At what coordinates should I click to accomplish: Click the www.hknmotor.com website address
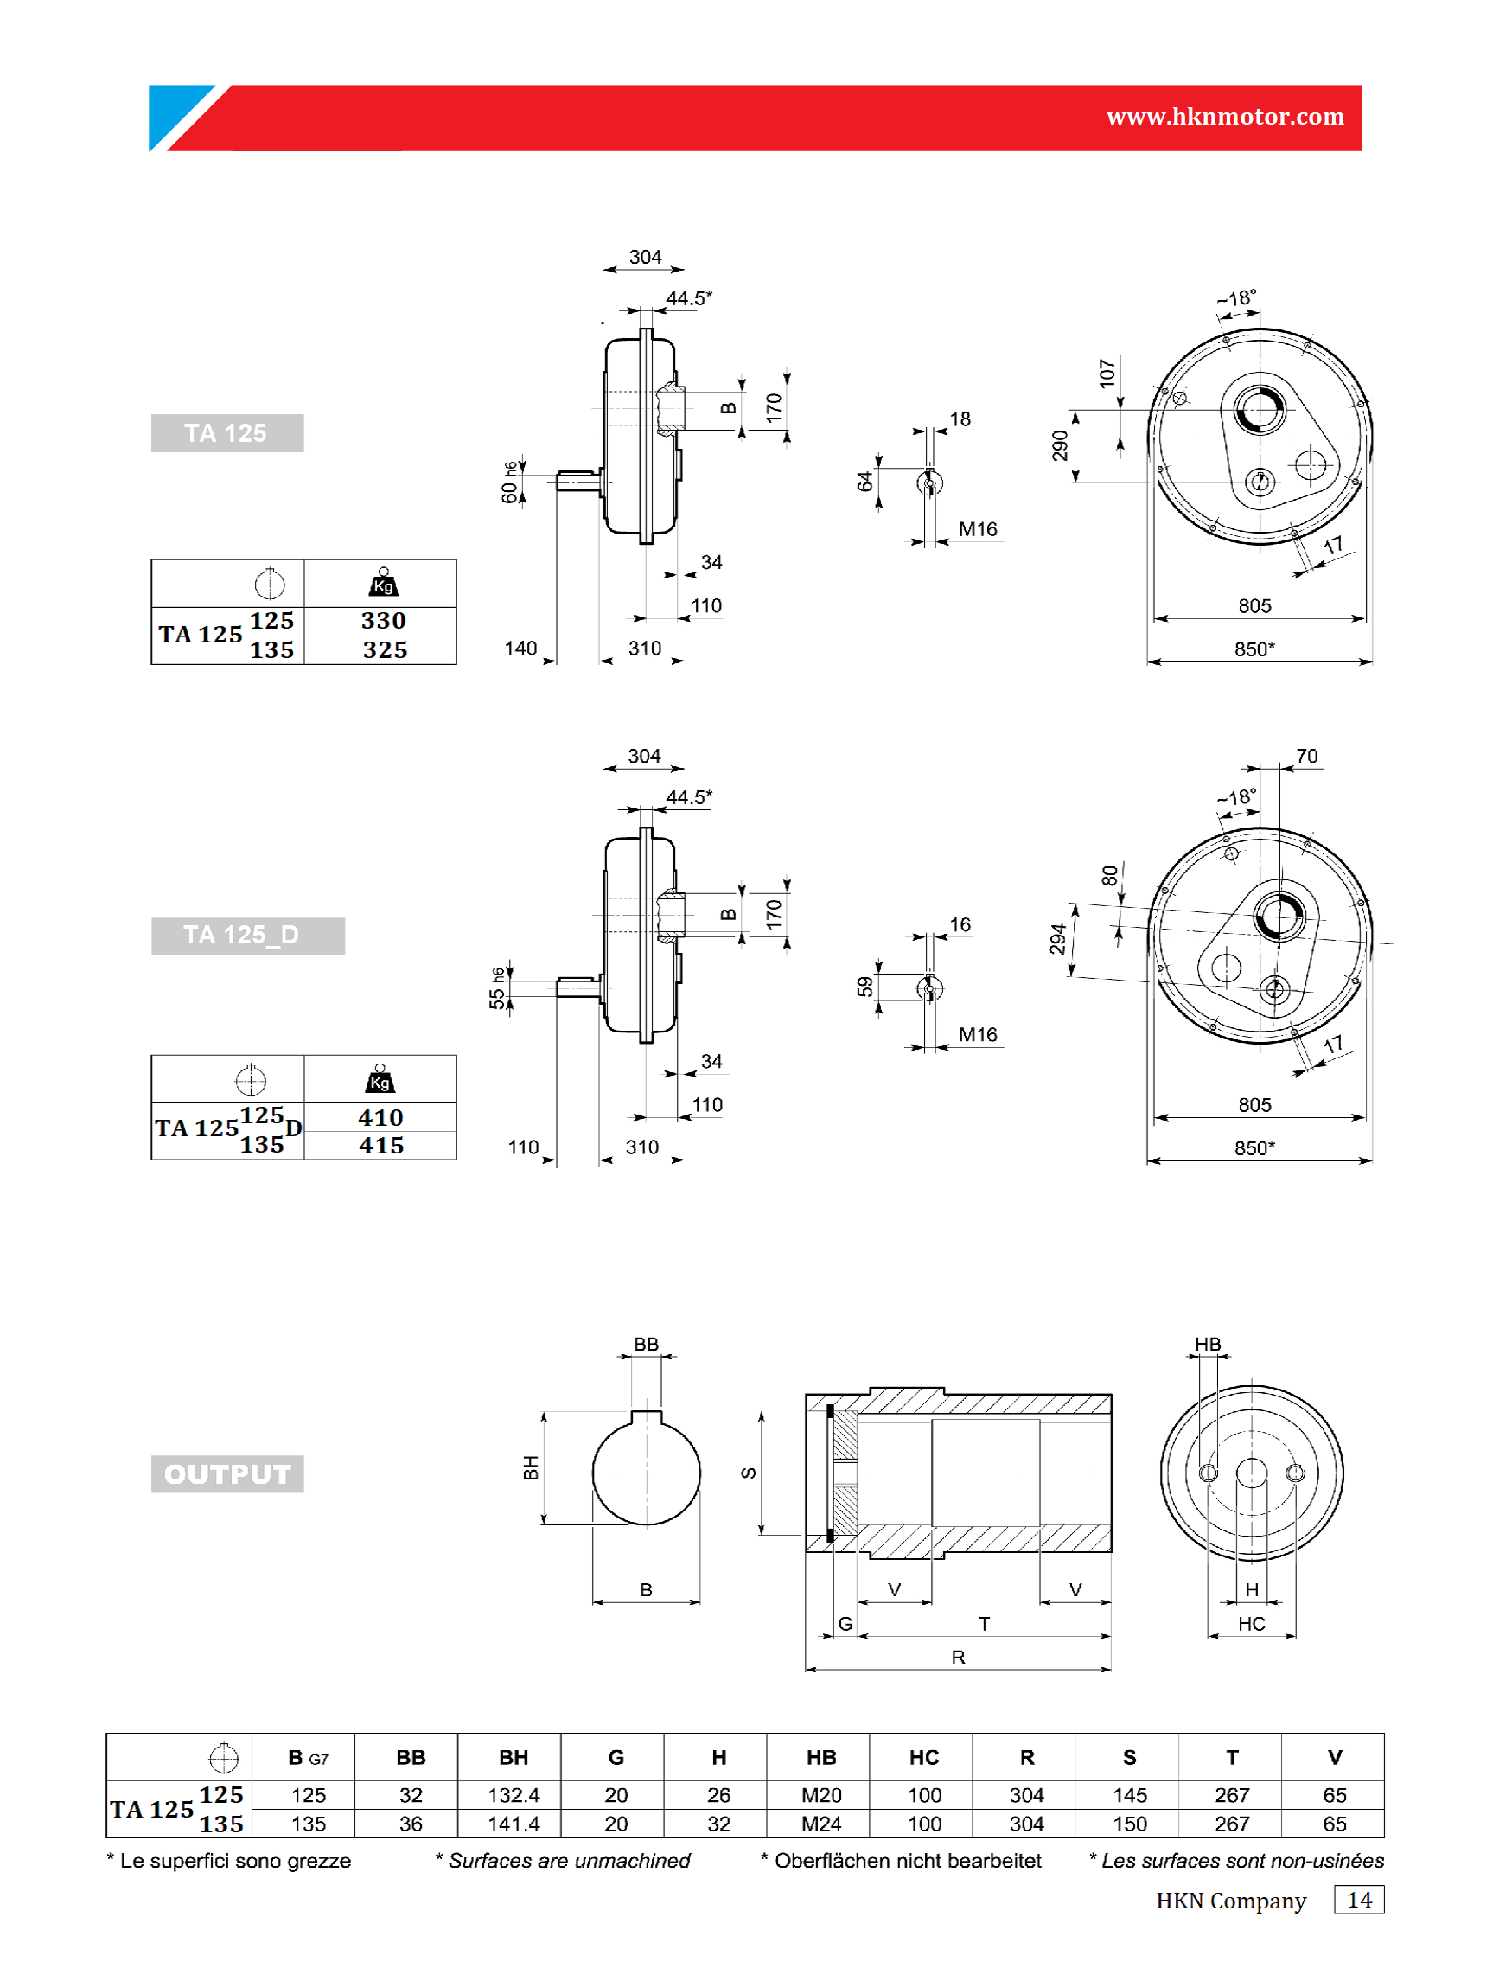point(1225,117)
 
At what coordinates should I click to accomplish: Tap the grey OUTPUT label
point(226,1473)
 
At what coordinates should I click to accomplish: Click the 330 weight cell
point(383,620)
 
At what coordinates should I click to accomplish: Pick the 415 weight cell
point(381,1145)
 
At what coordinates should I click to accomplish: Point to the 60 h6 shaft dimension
point(510,482)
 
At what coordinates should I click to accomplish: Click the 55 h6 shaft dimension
point(498,988)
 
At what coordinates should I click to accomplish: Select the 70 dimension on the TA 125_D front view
point(1307,756)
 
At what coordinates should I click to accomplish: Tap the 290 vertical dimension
point(1060,445)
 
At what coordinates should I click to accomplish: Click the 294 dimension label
point(1058,939)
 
